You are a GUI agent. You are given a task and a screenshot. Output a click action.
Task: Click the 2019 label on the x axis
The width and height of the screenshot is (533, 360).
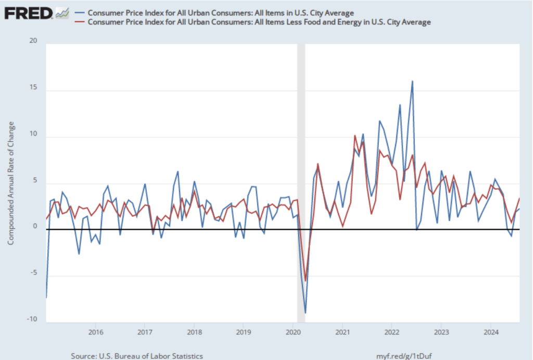coord(244,332)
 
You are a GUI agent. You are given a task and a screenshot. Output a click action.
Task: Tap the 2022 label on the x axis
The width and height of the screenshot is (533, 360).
coord(391,332)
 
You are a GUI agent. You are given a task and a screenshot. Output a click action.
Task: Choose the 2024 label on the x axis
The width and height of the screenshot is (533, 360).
coord(491,332)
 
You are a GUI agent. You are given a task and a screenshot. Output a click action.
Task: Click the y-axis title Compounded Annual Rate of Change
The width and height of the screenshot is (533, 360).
coord(11,183)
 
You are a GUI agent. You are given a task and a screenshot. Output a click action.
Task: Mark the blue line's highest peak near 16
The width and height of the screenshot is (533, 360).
coord(412,81)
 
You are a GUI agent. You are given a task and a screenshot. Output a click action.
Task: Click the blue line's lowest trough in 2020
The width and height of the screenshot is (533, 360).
coord(306,313)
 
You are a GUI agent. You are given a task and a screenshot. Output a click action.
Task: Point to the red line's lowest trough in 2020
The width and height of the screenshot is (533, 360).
coord(306,280)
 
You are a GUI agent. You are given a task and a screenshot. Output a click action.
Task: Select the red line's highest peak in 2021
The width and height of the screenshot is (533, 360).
coord(355,135)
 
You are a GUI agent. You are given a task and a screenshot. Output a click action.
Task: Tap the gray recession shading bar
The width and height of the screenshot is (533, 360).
coord(301,182)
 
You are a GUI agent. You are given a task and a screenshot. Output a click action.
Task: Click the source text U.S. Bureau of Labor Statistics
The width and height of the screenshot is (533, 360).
coord(136,356)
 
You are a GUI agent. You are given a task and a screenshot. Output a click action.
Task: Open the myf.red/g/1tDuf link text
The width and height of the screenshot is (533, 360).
coord(407,356)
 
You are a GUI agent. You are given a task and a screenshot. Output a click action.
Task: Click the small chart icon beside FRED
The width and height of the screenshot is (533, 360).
coord(62,12)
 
